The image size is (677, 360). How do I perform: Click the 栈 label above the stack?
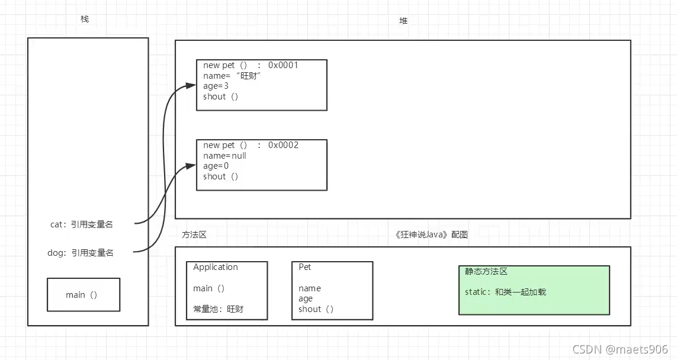tap(85, 19)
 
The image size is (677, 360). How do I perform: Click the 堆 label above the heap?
tap(403, 21)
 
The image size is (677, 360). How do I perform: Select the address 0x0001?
tap(283, 65)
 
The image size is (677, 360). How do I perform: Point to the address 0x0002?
tap(283, 145)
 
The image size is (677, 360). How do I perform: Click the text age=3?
tap(216, 86)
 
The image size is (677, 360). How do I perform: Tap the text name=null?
tap(224, 156)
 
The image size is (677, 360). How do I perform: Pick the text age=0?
tap(216, 166)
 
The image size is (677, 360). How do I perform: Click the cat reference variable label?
tap(82, 224)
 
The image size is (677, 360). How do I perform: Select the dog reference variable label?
tap(81, 253)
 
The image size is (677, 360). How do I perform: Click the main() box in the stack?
tap(84, 294)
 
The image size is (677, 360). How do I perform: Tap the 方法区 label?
tap(194, 234)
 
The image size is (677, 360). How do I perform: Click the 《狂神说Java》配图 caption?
tap(431, 234)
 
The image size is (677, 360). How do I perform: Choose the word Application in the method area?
tap(216, 267)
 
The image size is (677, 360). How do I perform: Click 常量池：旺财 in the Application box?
tap(218, 309)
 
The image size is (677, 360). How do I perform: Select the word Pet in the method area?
tap(305, 267)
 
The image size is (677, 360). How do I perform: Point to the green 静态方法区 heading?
tap(486, 271)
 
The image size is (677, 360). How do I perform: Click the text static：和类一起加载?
tap(505, 292)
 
